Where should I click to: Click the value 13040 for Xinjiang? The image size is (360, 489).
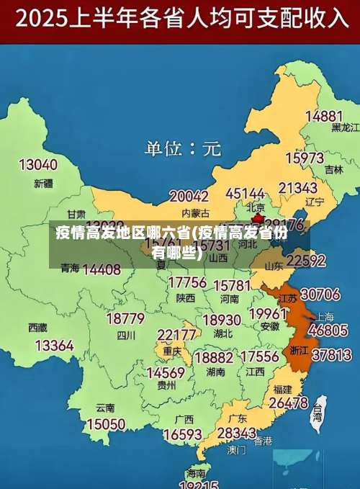pos(37,165)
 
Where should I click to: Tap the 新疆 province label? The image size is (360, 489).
pos(43,183)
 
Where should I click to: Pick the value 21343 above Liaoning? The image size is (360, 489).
pos(298,188)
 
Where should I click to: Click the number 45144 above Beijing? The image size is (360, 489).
pos(245,194)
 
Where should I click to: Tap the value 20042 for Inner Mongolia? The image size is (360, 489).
pos(189,196)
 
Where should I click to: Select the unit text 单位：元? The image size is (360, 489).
pos(183,149)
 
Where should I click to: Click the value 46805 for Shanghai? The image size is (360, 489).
pos(328,330)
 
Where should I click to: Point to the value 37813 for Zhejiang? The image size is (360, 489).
pos(331,354)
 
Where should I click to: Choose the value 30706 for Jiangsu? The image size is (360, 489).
pos(320,294)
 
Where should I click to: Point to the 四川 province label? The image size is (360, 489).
pos(126,335)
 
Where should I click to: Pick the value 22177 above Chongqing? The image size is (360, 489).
pos(177,335)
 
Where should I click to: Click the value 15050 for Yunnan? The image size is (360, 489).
pos(105,424)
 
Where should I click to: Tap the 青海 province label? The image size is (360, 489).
pos(70,268)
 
